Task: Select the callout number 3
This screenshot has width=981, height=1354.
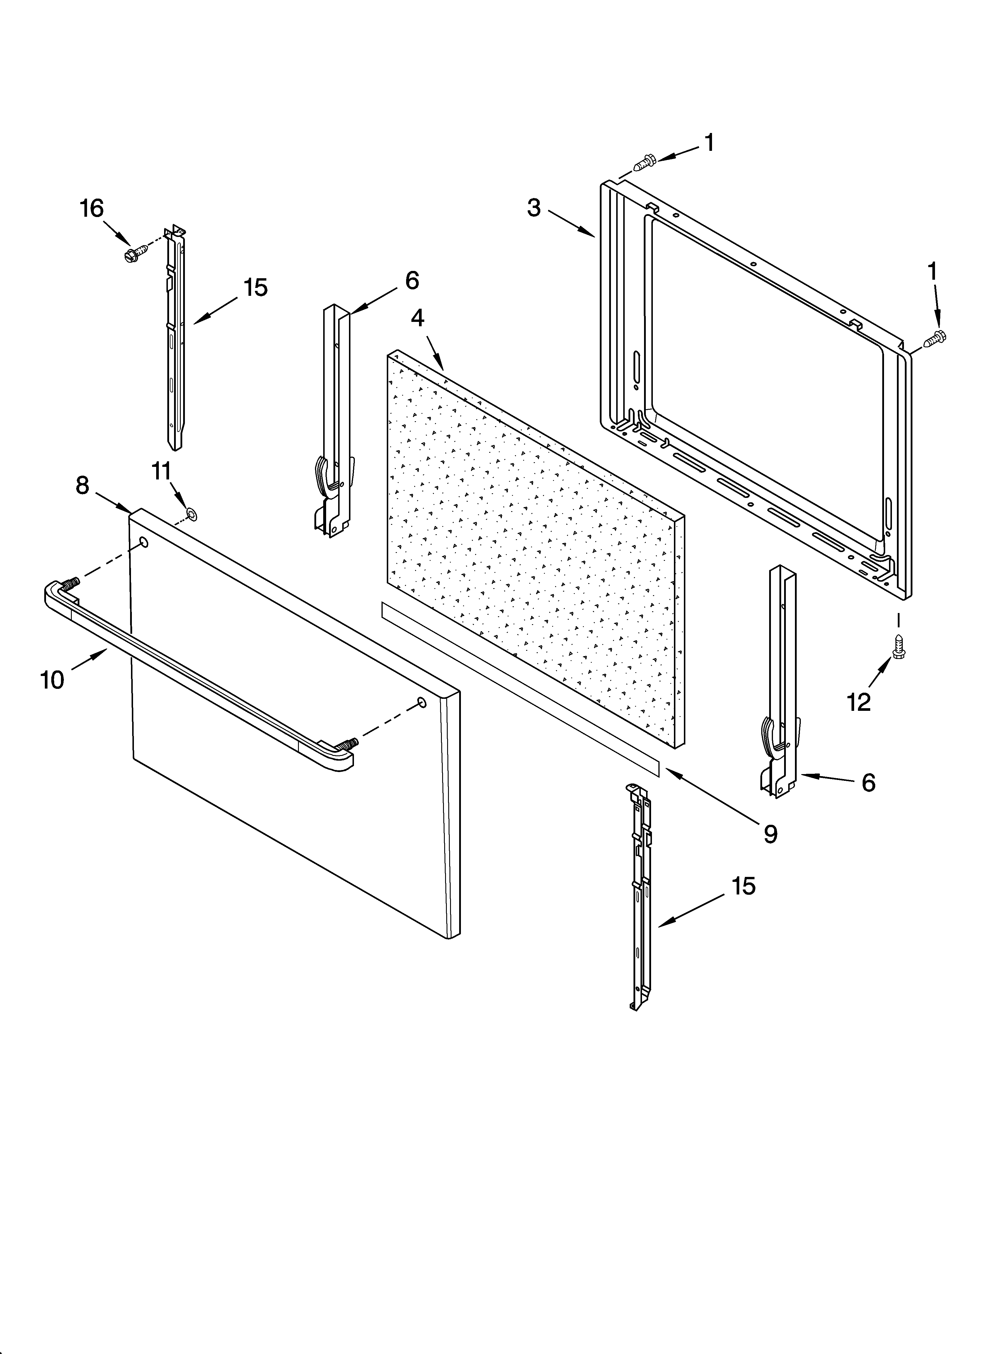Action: point(534,208)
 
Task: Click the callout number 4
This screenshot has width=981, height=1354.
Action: point(418,318)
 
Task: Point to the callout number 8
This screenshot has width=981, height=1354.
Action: point(82,485)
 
